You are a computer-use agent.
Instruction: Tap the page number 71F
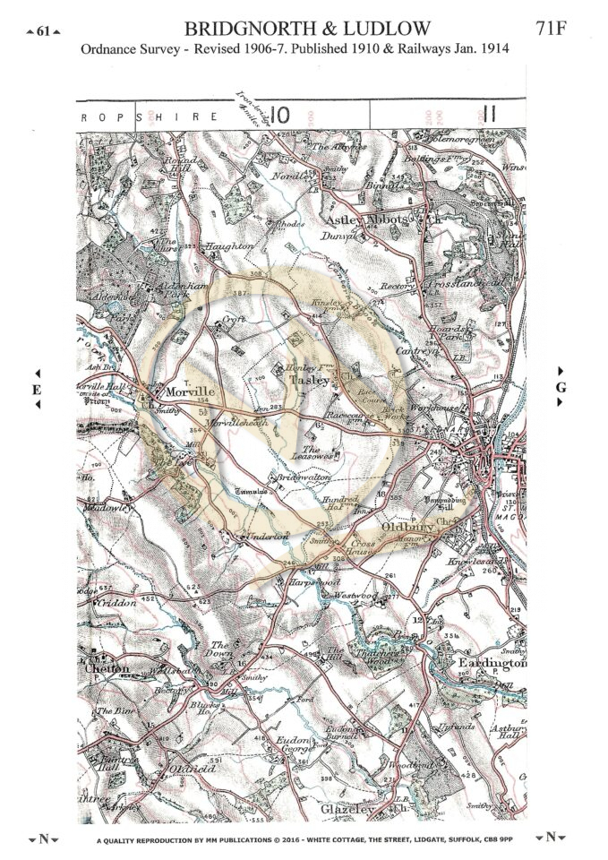point(553,29)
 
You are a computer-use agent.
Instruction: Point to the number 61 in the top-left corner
point(44,31)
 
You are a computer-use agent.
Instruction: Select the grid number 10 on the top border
point(279,115)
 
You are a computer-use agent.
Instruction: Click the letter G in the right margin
point(561,387)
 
